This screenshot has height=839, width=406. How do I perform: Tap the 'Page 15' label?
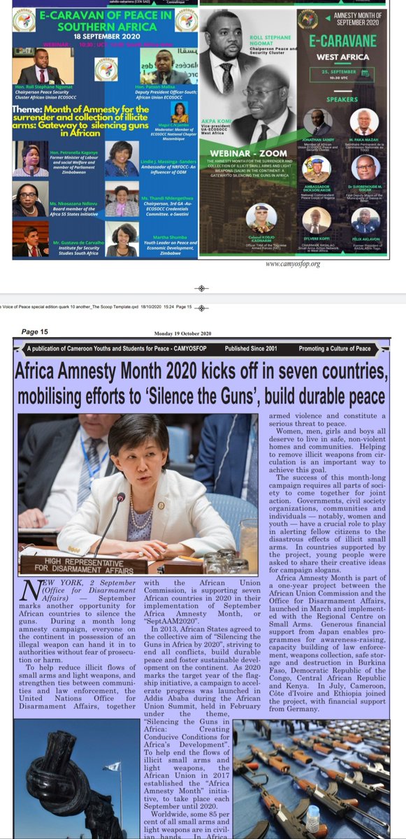(x=34, y=331)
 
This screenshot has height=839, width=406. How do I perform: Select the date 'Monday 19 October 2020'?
(x=177, y=334)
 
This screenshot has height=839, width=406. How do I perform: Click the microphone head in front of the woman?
(x=121, y=498)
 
